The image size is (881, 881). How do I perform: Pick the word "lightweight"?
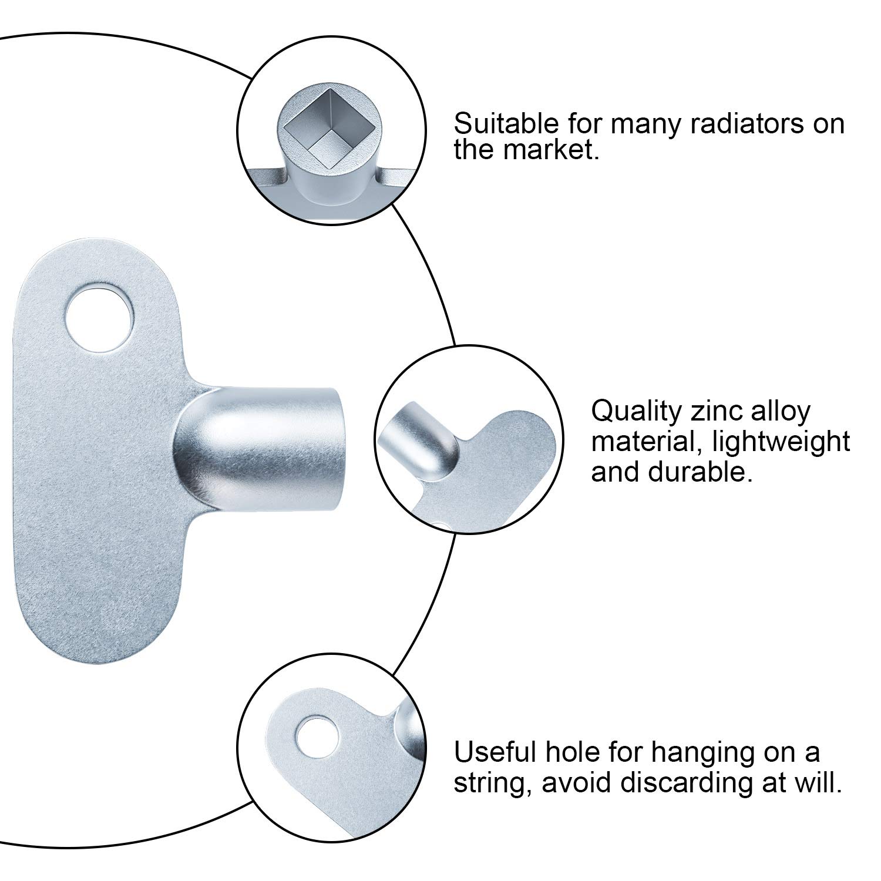[x=781, y=442]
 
